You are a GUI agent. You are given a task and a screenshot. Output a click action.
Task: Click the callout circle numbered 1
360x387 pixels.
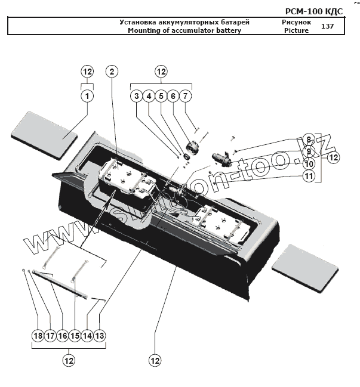[87, 95]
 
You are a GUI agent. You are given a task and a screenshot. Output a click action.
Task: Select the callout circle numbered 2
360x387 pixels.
[111, 72]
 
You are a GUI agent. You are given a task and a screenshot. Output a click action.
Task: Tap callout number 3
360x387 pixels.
[136, 95]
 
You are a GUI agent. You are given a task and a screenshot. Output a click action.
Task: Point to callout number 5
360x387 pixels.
[161, 95]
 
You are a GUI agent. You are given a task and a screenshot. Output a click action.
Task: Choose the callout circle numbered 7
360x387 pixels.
[185, 95]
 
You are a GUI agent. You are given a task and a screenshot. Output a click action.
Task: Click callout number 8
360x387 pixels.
[308, 140]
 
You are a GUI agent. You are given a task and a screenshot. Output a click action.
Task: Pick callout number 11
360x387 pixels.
[308, 175]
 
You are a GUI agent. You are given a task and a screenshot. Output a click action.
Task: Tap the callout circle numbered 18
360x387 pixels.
[38, 336]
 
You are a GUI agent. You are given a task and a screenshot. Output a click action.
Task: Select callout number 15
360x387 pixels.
[75, 336]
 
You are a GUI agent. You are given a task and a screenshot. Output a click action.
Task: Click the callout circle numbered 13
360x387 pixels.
[100, 336]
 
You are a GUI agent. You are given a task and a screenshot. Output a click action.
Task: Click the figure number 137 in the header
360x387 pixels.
[327, 26]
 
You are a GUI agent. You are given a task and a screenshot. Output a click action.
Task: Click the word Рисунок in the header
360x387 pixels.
[296, 22]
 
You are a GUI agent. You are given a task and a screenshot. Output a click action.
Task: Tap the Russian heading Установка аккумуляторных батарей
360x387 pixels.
[184, 22]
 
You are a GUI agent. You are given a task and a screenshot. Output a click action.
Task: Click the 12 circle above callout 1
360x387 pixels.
[87, 72]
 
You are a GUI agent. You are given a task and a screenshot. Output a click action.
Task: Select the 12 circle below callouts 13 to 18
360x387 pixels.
[69, 360]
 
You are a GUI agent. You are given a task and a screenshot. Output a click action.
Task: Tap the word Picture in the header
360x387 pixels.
[296, 30]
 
